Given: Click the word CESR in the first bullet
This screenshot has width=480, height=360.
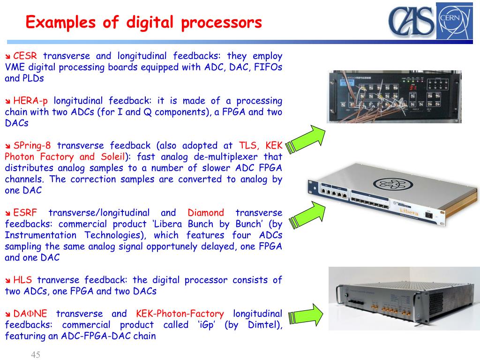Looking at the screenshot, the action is pyautogui.click(x=25, y=56).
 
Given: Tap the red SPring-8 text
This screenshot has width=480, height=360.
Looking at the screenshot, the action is pyautogui.click(x=32, y=145).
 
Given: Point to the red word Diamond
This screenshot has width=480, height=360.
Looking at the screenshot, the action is pyautogui.click(x=206, y=213).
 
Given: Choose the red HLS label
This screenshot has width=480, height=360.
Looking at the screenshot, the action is pyautogui.click(x=22, y=280).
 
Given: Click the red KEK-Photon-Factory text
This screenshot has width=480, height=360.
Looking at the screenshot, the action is pyautogui.click(x=180, y=314).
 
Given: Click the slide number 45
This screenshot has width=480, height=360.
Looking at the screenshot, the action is pyautogui.click(x=36, y=355).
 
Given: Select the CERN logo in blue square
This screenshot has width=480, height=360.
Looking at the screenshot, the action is pyautogui.click(x=454, y=21).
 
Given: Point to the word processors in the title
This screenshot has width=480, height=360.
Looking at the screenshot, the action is pyautogui.click(x=223, y=22).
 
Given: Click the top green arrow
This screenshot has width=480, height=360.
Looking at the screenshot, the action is pyautogui.click(x=305, y=139).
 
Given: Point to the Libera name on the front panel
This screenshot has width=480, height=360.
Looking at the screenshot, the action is pyautogui.click(x=406, y=211).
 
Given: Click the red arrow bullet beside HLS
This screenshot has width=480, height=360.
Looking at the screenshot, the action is pyautogui.click(x=8, y=281).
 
